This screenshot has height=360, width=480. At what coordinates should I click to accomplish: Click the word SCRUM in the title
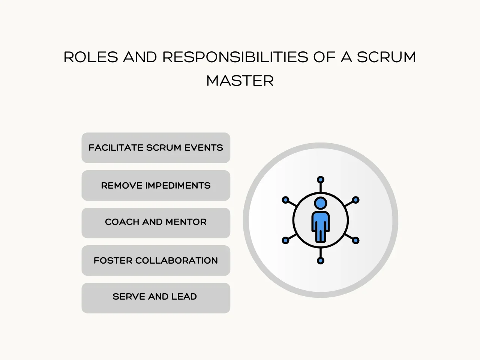(386, 57)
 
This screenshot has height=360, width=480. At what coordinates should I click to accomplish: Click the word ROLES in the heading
(91, 57)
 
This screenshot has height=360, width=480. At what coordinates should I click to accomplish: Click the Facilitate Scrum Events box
(156, 148)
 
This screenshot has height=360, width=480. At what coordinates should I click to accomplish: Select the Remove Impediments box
(156, 186)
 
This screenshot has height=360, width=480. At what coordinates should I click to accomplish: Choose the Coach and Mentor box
(156, 222)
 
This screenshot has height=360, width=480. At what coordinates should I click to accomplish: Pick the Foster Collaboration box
(156, 261)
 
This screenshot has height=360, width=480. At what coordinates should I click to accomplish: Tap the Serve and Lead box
(156, 297)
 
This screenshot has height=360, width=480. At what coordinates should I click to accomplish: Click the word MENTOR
(186, 222)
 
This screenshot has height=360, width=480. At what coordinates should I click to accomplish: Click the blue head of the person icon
(321, 203)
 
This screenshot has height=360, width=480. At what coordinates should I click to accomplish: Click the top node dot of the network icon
(321, 180)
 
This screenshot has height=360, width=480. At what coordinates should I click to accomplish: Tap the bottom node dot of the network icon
(321, 261)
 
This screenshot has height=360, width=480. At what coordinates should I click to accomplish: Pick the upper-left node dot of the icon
(285, 200)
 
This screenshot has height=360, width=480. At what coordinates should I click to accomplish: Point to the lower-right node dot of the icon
(356, 240)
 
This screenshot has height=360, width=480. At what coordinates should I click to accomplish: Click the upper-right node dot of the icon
(356, 200)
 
